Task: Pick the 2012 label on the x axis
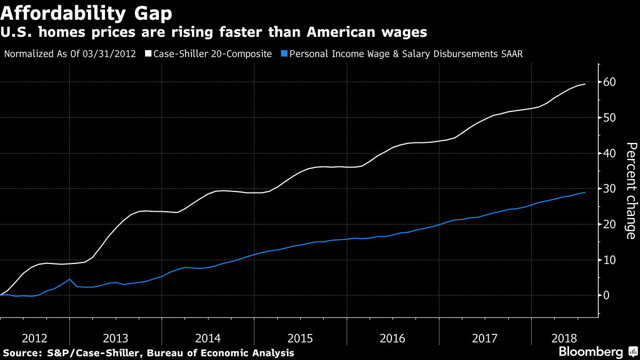[x=35, y=338]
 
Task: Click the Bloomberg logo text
[x=591, y=352]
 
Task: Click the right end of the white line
[x=585, y=84]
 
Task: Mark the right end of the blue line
[x=585, y=192]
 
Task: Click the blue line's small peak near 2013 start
[x=70, y=279]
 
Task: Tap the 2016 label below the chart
[x=393, y=338]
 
